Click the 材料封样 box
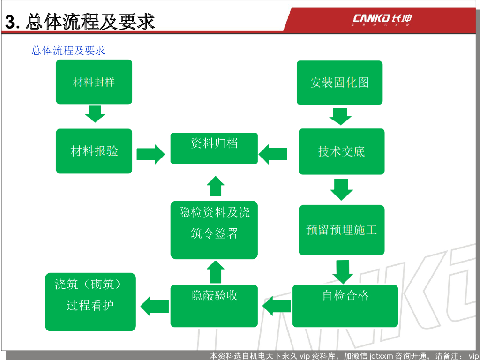click(x=94, y=82)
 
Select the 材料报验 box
click(x=94, y=151)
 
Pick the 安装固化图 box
click(x=339, y=82)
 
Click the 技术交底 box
click(x=341, y=151)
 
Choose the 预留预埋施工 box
click(x=341, y=230)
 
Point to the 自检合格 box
click(x=345, y=305)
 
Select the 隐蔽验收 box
click(x=214, y=305)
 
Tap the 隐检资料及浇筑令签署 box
click(x=214, y=230)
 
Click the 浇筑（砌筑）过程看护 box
click(x=90, y=301)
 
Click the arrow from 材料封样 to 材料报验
click(x=95, y=113)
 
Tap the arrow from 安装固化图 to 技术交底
click(x=340, y=115)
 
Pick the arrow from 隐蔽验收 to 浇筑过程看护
click(x=155, y=306)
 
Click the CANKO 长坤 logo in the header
click(x=382, y=19)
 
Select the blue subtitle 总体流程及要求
click(x=68, y=50)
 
